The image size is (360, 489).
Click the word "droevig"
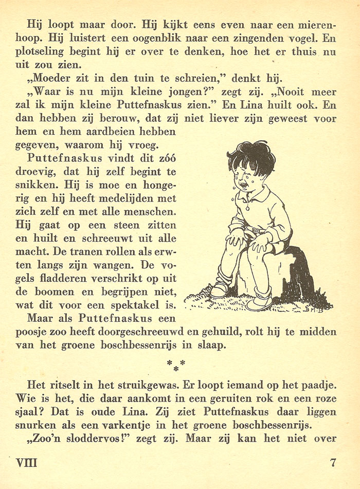tap(47, 172)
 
